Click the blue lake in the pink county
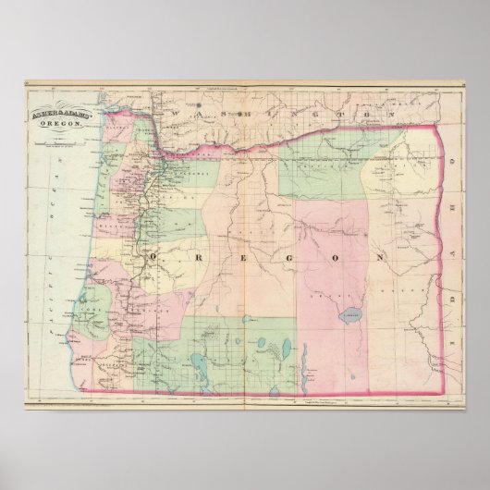[352, 312]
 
